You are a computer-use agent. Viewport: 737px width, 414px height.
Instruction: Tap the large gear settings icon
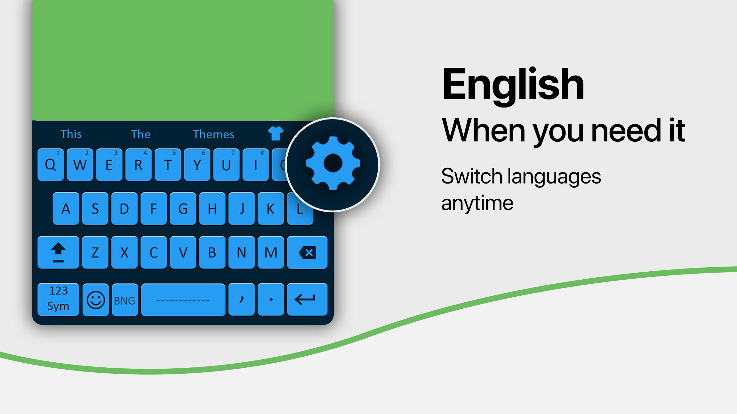pos(333,163)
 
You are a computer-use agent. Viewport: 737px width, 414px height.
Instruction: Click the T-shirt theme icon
pos(276,133)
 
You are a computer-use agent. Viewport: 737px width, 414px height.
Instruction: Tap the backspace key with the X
pos(307,252)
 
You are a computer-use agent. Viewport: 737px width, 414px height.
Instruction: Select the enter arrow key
pos(307,299)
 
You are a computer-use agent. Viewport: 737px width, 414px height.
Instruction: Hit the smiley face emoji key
pos(96,300)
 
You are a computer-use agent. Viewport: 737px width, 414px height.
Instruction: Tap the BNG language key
pos(125,300)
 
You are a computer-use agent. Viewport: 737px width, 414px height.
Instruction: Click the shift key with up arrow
pos(58,252)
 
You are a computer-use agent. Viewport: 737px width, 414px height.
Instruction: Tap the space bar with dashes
pos(183,300)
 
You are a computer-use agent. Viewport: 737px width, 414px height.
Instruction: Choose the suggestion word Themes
pos(213,134)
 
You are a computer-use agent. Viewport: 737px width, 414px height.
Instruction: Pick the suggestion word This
pos(71,134)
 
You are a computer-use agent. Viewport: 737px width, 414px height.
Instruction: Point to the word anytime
pos(477,204)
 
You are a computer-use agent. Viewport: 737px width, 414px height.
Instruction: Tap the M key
pos(271,252)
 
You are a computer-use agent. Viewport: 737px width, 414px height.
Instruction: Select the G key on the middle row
pos(183,209)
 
